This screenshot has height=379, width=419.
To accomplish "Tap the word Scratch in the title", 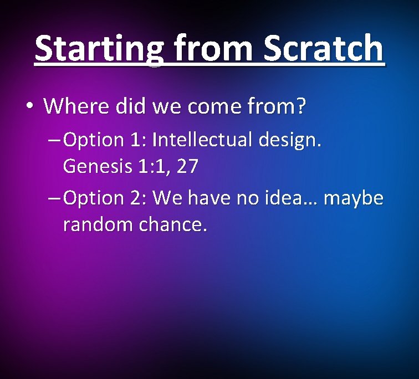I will click(323, 49).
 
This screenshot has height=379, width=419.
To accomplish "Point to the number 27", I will click(186, 167).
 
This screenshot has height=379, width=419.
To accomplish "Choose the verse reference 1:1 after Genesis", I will click(153, 167).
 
